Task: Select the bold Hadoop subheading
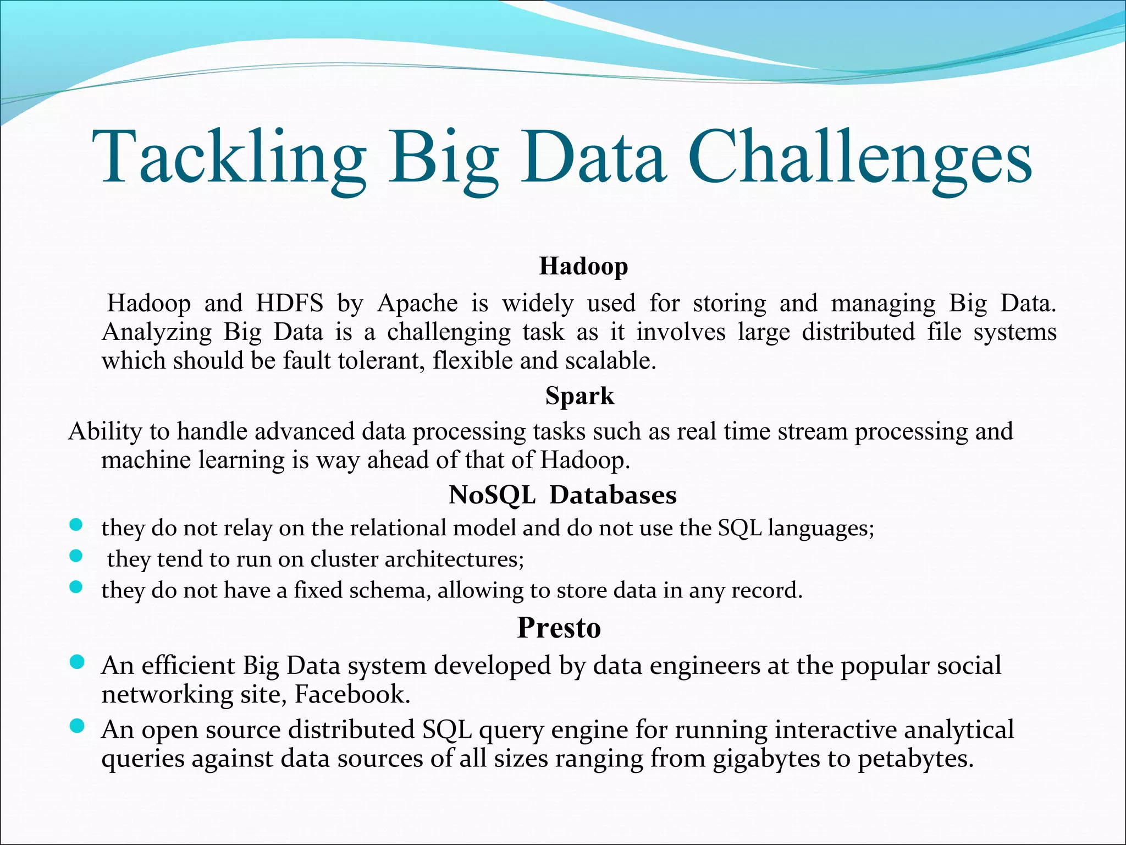point(583,266)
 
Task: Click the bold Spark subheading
point(579,396)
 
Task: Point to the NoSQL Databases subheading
point(562,495)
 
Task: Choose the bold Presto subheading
point(559,628)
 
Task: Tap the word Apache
point(417,303)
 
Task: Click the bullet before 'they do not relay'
point(76,525)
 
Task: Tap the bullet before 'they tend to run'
point(76,556)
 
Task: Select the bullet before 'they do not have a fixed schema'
point(76,587)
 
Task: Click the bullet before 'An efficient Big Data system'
point(77,662)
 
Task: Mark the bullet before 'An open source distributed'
point(77,727)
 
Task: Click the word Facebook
point(352,694)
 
